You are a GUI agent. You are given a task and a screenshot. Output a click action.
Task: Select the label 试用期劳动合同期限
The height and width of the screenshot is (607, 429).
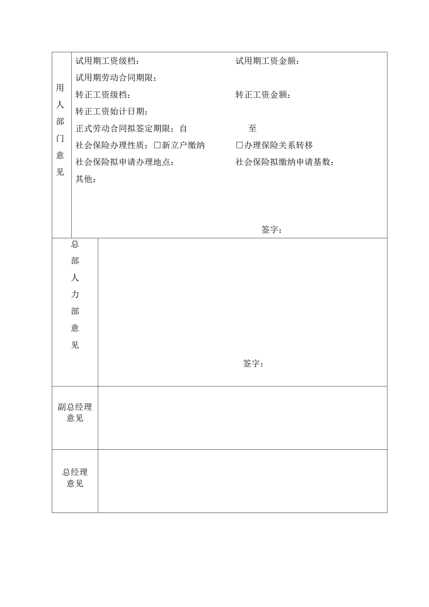(x=116, y=78)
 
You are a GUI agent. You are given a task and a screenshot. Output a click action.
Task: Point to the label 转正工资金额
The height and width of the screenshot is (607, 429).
(x=263, y=95)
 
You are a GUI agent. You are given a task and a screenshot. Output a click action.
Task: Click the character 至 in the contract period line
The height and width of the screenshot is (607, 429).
(x=252, y=128)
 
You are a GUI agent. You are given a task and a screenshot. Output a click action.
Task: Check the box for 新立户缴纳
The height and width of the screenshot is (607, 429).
(x=157, y=145)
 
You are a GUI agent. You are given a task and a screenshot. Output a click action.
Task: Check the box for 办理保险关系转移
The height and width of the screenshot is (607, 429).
(x=239, y=145)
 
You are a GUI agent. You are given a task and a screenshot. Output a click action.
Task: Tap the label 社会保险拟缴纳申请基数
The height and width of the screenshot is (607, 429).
(x=285, y=162)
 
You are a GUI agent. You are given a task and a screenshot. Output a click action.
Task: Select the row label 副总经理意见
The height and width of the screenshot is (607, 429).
(x=75, y=412)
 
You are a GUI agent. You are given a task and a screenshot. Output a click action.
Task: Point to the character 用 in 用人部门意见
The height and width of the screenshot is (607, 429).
(x=60, y=88)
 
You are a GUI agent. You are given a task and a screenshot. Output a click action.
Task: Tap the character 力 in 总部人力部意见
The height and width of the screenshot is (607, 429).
(x=75, y=294)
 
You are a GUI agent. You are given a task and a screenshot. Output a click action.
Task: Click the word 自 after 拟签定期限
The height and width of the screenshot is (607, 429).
(x=183, y=128)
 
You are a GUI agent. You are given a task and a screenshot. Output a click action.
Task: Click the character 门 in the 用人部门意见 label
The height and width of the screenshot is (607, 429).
(x=60, y=138)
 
